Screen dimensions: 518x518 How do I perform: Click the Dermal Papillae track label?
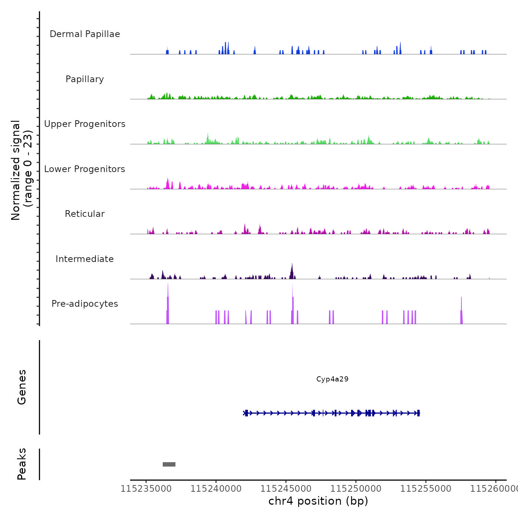[85, 34]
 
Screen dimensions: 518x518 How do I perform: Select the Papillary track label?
[85, 79]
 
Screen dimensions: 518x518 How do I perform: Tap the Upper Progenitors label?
[85, 124]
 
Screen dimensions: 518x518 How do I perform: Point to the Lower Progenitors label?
[85, 169]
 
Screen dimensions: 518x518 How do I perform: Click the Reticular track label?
[85, 214]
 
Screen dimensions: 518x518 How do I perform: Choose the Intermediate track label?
[85, 259]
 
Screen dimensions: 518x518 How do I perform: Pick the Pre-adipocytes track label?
[85, 304]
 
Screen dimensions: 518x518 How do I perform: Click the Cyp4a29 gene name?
[332, 379]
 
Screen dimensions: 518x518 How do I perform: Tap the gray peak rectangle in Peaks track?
[169, 464]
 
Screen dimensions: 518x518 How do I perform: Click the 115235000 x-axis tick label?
[146, 489]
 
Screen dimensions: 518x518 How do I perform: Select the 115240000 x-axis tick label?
[216, 489]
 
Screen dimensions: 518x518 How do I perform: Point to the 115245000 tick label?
[286, 489]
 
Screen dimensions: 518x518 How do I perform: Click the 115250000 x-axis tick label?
[356, 489]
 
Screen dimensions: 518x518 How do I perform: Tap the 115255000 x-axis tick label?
[426, 489]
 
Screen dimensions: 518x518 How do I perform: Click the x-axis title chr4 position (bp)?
[318, 501]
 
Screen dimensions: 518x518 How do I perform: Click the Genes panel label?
[22, 387]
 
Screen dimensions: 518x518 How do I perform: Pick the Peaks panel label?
[22, 464]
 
